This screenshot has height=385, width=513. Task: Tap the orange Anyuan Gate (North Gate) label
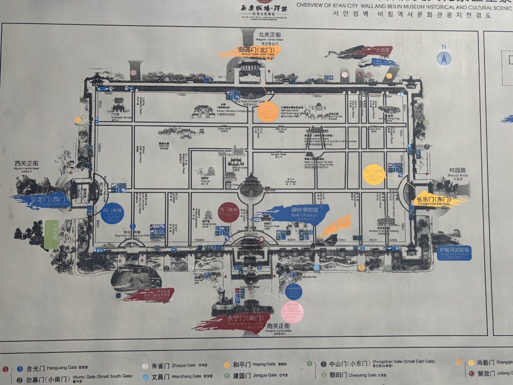coord(249,51)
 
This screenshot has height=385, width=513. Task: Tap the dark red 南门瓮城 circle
coord(228,212)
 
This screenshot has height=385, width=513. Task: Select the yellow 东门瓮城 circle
coord(374,174)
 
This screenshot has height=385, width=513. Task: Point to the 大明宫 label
coord(380,50)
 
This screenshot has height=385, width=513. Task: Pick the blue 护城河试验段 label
coord(454,252)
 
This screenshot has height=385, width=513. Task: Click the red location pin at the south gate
coord(261,240)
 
